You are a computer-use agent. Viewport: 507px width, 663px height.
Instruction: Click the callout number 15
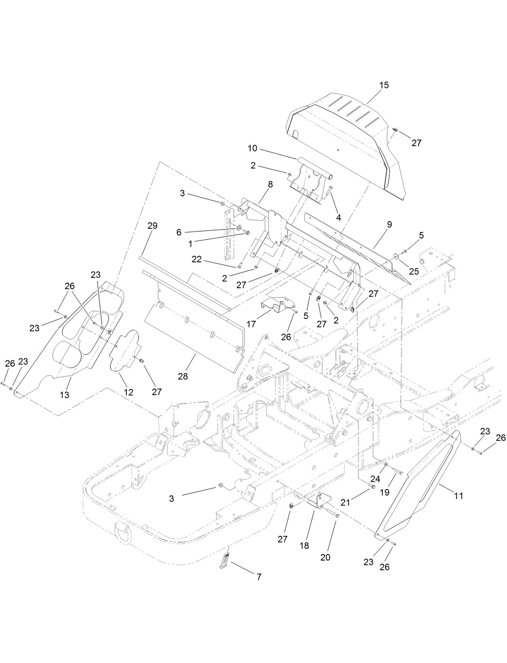click(x=384, y=85)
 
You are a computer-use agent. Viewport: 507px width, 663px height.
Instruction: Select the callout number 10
click(x=252, y=148)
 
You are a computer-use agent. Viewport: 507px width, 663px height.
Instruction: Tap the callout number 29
click(x=152, y=226)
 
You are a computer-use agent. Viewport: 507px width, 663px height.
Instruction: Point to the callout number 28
click(x=183, y=376)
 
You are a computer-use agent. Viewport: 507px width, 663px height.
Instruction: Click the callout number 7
click(x=259, y=577)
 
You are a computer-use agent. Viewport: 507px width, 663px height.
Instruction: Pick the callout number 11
click(x=459, y=496)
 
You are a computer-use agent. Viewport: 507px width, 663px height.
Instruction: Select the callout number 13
click(x=64, y=395)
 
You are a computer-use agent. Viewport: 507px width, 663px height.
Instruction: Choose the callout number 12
click(x=129, y=392)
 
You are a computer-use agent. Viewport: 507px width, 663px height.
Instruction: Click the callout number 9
click(x=389, y=224)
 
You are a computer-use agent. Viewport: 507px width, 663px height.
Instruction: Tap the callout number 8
click(x=270, y=184)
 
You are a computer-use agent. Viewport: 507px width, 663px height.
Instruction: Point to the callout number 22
click(x=197, y=259)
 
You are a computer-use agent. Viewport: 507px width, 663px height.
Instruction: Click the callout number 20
click(x=325, y=557)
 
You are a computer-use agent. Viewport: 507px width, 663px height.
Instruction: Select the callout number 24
click(x=375, y=479)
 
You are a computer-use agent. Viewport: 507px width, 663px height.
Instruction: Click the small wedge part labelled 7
click(x=224, y=562)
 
